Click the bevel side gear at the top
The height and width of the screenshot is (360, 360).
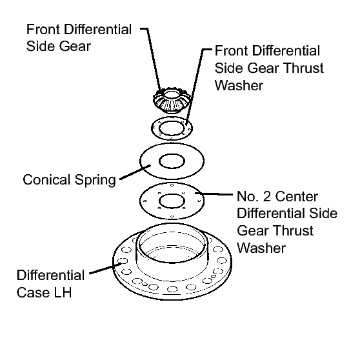click(171, 101)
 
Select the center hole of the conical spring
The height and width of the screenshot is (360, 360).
click(172, 161)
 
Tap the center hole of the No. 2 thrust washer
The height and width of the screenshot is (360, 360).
click(172, 201)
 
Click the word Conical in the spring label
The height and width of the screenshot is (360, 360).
click(46, 179)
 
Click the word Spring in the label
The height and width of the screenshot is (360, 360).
click(95, 181)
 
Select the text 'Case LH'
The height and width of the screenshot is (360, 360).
click(44, 292)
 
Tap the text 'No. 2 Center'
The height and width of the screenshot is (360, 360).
click(277, 197)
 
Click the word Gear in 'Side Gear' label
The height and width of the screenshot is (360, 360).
click(75, 46)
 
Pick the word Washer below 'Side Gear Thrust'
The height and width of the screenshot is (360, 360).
click(239, 85)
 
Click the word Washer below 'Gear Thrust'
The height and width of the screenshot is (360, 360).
click(261, 248)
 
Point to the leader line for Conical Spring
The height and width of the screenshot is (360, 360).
click(135, 172)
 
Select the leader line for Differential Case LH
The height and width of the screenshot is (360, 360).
click(105, 268)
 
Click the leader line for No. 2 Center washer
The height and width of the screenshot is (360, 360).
click(214, 194)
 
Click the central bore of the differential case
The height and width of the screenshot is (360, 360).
click(172, 244)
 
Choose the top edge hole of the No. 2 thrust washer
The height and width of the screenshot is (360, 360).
click(172, 185)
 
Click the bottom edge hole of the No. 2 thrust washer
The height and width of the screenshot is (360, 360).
click(172, 216)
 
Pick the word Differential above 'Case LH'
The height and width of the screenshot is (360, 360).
click(51, 275)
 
